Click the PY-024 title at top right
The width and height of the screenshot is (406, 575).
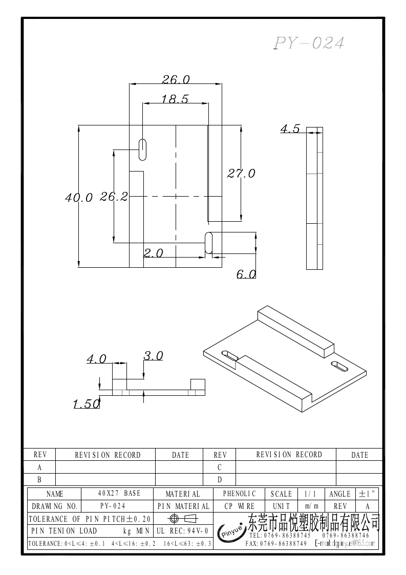click(x=309, y=44)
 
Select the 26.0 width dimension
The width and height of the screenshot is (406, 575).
click(x=176, y=79)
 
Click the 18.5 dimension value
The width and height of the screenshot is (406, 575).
click(x=175, y=99)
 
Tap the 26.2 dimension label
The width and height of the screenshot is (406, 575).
click(x=114, y=197)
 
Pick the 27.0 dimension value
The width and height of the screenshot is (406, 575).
click(x=241, y=174)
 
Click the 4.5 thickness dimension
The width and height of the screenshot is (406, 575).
click(x=290, y=129)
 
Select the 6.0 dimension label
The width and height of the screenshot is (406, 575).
click(x=246, y=274)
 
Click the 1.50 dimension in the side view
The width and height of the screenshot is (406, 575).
click(x=86, y=404)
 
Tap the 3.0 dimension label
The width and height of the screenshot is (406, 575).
click(x=153, y=355)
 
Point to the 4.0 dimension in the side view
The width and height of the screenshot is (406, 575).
click(x=96, y=359)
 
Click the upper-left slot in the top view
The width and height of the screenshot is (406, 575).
click(x=141, y=149)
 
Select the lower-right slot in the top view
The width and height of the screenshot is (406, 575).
click(x=209, y=242)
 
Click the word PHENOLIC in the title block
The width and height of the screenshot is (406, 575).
click(x=239, y=494)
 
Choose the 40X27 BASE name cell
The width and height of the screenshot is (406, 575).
click(x=119, y=494)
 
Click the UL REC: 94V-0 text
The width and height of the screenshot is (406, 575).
click(x=182, y=530)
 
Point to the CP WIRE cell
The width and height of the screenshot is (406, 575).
click(x=239, y=506)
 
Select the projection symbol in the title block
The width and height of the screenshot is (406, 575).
click(x=183, y=518)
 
